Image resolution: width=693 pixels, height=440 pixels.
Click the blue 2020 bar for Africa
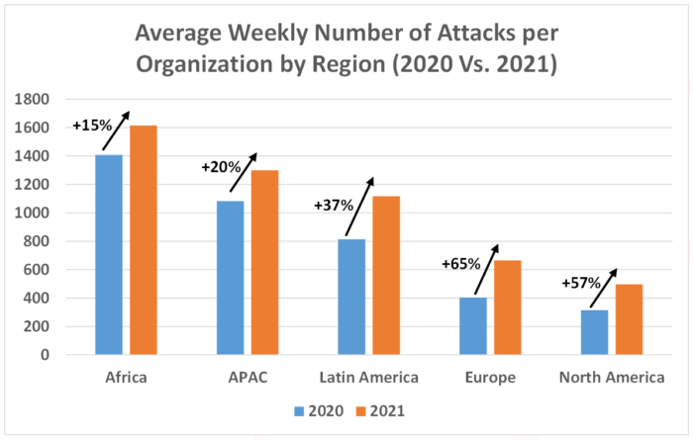(x=109, y=254)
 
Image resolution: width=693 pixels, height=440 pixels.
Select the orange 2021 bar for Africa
(x=144, y=240)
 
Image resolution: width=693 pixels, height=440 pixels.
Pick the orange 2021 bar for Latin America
(x=386, y=275)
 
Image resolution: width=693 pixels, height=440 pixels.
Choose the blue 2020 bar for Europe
(x=473, y=325)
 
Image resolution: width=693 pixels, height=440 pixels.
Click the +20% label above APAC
(x=220, y=167)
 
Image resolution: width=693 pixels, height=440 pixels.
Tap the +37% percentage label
(x=334, y=205)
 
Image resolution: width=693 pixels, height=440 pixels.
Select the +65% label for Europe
(x=460, y=264)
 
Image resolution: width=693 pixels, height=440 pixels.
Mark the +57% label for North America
(x=580, y=283)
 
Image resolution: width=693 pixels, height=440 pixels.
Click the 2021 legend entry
(x=383, y=409)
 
